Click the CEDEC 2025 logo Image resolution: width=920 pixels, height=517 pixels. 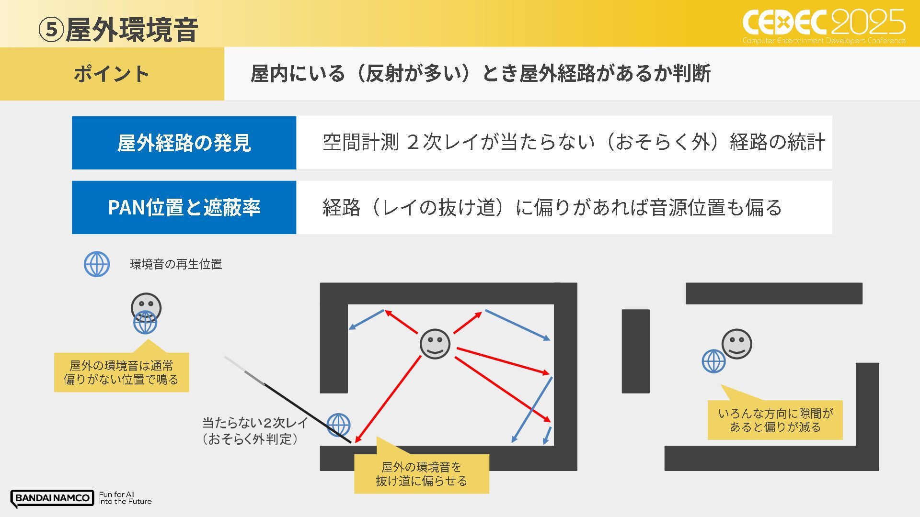coord(824,26)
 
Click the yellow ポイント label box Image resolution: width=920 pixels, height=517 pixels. coord(112,74)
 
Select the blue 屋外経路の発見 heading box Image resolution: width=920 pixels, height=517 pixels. coord(184,143)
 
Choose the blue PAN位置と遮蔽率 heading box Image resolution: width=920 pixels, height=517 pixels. coord(184,207)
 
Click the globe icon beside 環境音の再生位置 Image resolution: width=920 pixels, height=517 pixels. coord(97,264)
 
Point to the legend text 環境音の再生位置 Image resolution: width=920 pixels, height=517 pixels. coord(176,264)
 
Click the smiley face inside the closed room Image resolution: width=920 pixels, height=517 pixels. coord(435,344)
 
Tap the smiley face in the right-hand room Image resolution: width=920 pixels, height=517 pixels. coord(737,344)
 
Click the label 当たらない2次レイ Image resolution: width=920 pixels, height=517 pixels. coord(255,423)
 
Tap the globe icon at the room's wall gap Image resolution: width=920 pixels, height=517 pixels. coord(338,425)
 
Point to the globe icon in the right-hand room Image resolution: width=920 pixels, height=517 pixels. coord(713,361)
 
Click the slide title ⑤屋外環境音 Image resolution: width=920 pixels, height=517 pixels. coord(118,30)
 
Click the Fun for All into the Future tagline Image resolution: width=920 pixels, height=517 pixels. coord(125,498)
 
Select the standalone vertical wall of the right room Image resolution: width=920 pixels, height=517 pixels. coord(635,351)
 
